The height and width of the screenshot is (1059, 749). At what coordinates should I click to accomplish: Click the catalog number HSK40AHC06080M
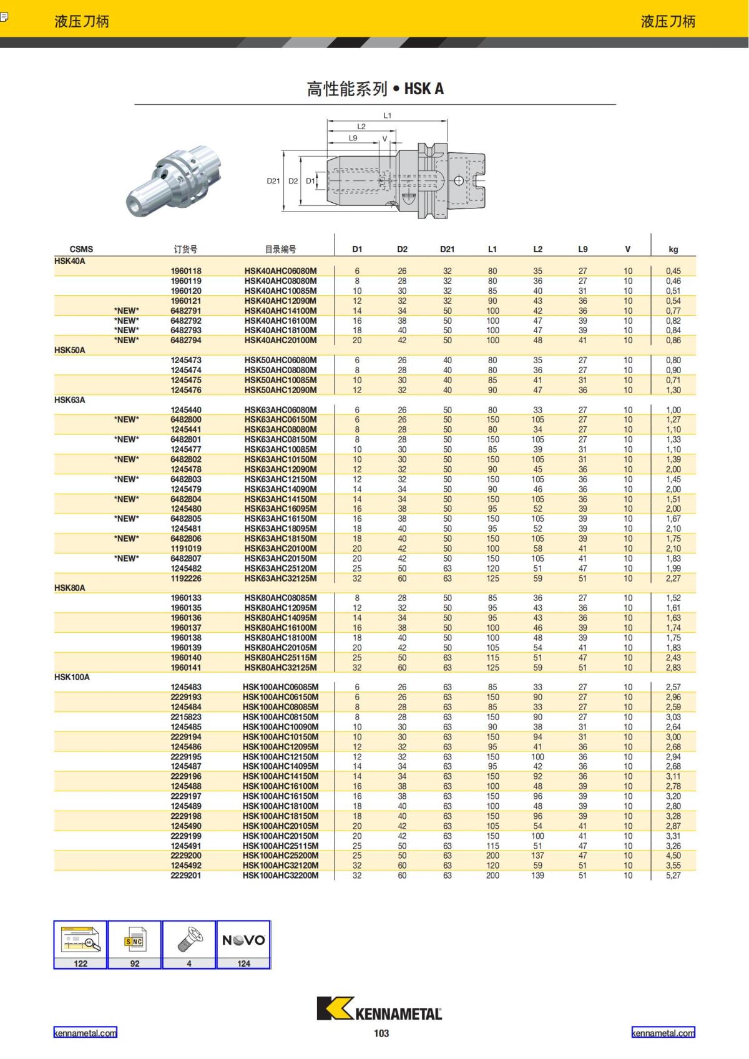point(280,271)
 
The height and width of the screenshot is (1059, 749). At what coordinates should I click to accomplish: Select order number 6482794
point(186,341)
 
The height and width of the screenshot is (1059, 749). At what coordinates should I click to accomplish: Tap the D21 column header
point(447,249)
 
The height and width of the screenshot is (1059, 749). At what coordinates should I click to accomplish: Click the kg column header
point(673,249)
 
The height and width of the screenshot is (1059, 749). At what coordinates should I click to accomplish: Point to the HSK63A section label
point(69,400)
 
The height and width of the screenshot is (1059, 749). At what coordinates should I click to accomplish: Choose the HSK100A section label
point(72,677)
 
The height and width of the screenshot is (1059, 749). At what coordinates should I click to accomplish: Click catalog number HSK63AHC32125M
point(280,578)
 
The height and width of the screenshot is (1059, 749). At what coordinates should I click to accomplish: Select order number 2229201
point(186,876)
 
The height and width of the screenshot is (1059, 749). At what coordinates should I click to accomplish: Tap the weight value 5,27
point(673,876)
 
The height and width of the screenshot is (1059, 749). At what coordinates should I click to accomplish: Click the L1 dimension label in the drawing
point(387,115)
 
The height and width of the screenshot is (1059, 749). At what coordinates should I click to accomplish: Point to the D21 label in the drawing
point(273,181)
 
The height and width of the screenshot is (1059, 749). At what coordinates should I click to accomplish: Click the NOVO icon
point(243,940)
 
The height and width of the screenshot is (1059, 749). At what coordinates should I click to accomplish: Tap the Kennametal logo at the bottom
point(379,1009)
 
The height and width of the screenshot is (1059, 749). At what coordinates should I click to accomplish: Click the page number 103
point(381,1033)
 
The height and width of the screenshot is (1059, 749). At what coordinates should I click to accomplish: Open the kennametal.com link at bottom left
point(85,1033)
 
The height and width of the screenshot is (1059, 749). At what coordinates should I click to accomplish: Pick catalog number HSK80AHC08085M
point(280,598)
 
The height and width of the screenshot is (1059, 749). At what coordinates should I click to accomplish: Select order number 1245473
point(186,360)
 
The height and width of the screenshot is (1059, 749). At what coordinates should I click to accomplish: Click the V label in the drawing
point(384,139)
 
